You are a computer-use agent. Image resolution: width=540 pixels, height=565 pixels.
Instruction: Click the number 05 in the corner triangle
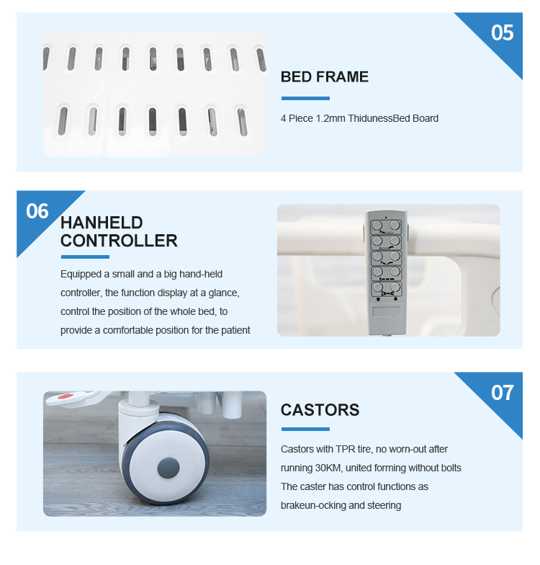pos(503,33)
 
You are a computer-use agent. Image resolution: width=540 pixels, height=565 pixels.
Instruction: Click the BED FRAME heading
pos(324,76)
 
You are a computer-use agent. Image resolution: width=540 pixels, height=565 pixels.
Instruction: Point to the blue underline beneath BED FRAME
pos(305,98)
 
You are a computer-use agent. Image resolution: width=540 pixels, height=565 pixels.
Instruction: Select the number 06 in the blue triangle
pos(37,211)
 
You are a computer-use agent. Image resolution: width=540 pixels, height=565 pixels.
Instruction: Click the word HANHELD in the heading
pos(102,223)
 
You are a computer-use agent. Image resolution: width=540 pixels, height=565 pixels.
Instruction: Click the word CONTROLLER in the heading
pos(119,241)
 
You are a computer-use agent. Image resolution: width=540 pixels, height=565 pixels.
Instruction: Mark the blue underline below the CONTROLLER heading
pos(85,257)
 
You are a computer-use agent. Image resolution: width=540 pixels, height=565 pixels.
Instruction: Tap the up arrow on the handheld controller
pos(378,299)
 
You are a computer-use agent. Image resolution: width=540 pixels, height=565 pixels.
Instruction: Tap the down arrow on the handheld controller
pos(395,299)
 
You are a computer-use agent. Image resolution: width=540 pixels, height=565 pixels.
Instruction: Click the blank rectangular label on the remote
pos(387,311)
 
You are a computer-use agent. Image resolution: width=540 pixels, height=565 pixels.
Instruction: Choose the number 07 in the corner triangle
pos(503,392)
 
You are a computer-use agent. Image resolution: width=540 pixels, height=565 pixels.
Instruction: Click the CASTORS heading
pos(320,410)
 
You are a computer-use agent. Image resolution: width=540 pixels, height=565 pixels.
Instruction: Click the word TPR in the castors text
pos(345,449)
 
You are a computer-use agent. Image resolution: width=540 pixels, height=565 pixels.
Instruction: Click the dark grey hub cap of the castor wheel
pos(168,468)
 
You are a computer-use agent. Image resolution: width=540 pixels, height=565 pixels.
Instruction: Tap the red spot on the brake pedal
pos(65,396)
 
